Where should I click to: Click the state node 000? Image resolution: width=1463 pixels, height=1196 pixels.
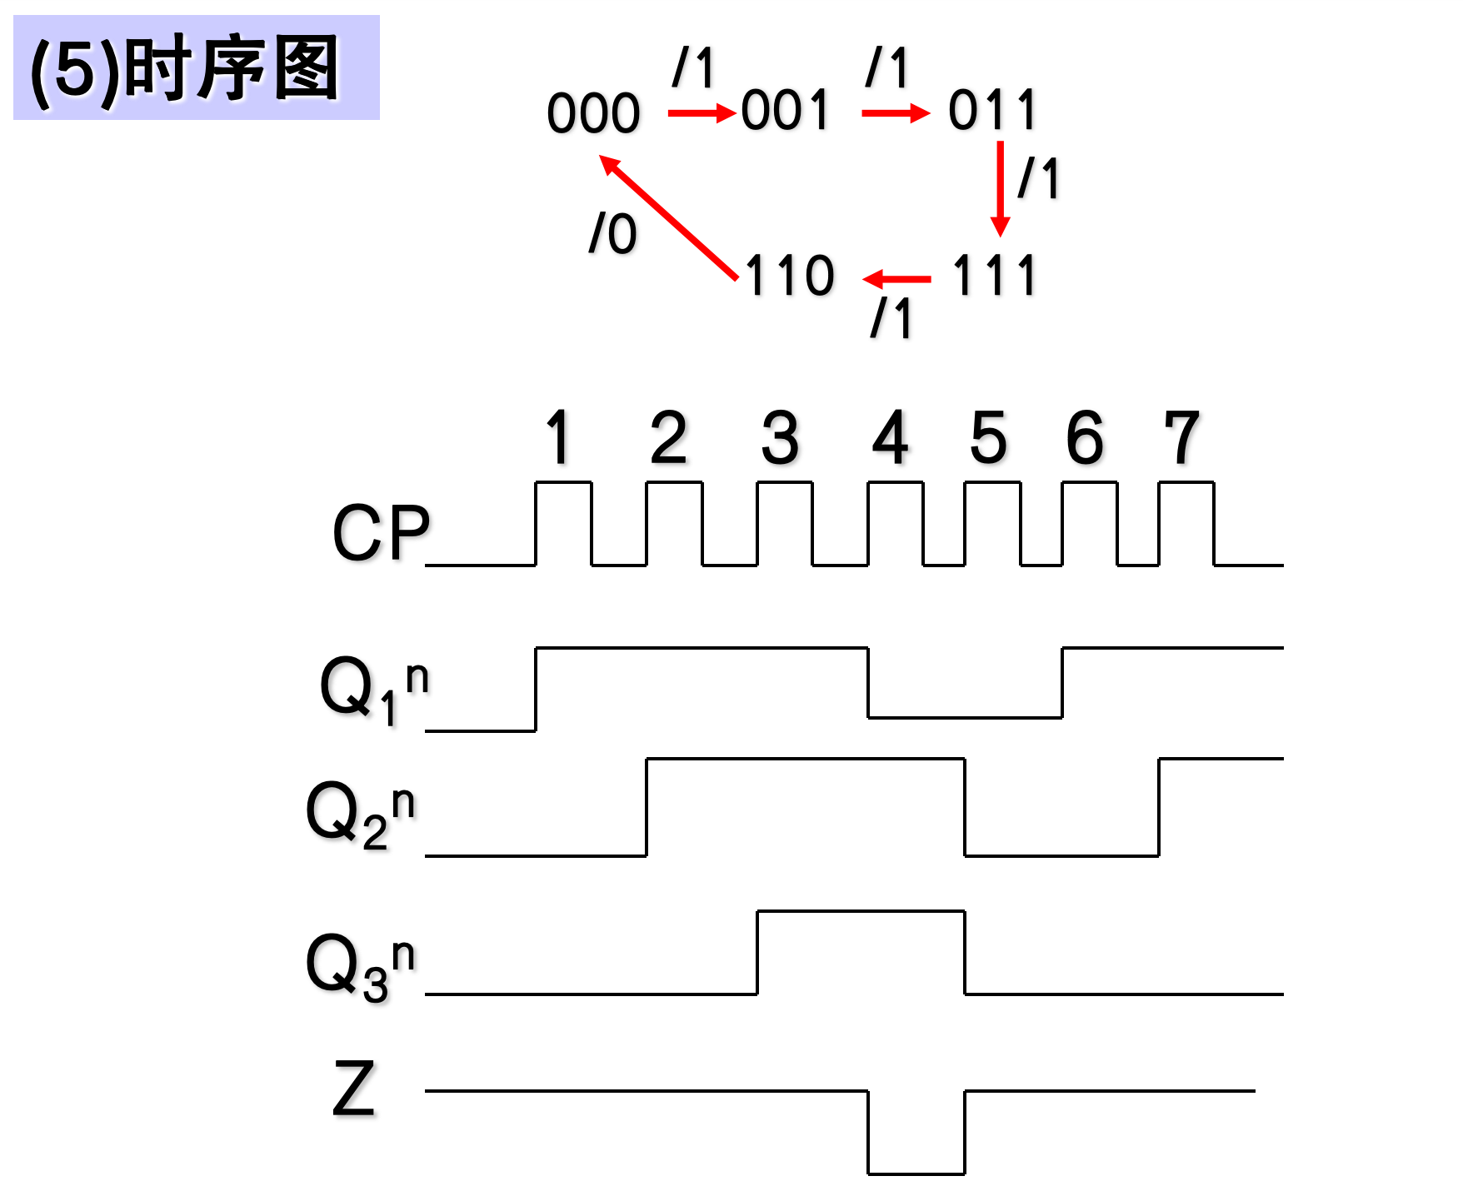[x=593, y=112]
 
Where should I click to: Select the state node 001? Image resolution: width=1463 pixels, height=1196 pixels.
[x=786, y=110]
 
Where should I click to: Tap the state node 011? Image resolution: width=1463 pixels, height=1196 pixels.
[x=992, y=110]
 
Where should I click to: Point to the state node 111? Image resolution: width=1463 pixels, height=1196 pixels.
[x=994, y=275]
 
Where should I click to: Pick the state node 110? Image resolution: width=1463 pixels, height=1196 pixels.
[x=789, y=275]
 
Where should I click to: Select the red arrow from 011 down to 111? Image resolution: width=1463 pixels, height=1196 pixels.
[x=1000, y=188]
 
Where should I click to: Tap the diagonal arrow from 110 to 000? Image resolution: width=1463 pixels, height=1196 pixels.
[x=668, y=217]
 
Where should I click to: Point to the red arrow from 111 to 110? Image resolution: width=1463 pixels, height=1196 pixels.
[x=897, y=279]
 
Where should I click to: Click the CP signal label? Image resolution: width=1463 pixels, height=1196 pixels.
[x=381, y=533]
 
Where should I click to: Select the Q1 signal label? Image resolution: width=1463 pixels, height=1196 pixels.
[x=374, y=690]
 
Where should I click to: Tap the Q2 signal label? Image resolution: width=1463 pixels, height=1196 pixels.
[x=360, y=814]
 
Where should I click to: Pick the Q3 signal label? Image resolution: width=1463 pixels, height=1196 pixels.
[x=360, y=966]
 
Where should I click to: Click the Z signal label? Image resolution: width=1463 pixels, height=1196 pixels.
[x=354, y=1089]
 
